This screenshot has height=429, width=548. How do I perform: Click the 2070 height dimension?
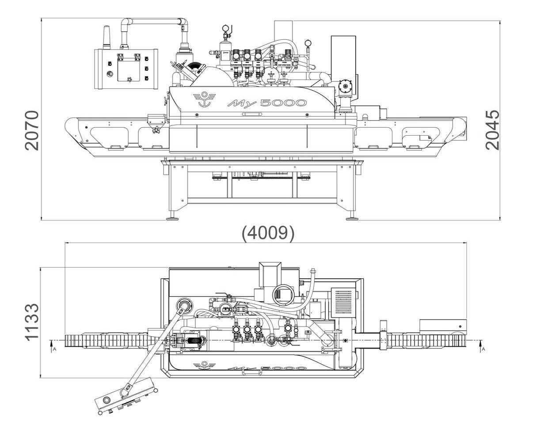(x=32, y=131)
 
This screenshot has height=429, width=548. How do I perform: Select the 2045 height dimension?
(x=492, y=130)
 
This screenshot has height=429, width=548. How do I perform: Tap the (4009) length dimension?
(x=268, y=233)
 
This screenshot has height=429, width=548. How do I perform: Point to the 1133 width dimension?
(x=32, y=322)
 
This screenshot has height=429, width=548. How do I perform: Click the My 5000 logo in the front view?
(x=267, y=103)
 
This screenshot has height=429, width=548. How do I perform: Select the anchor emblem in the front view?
(x=204, y=99)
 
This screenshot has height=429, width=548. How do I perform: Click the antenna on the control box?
(x=106, y=37)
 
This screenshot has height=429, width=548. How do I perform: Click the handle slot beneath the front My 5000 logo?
(x=251, y=114)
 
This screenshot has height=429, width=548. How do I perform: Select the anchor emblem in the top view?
(x=204, y=364)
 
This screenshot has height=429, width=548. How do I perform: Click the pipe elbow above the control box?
(x=126, y=23)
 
